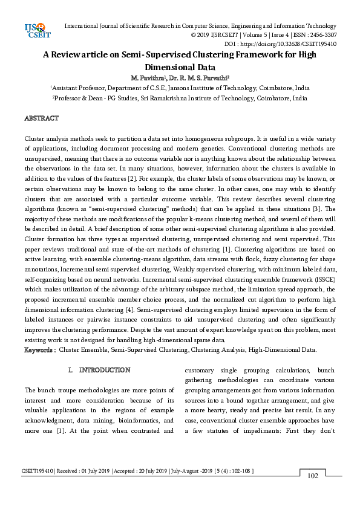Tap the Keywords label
coord(40,350)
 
